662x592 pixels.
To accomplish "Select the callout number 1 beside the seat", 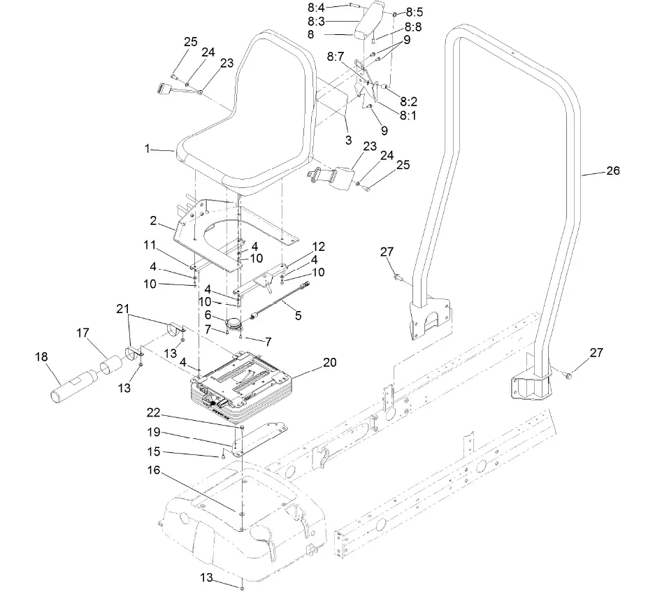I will [147, 148].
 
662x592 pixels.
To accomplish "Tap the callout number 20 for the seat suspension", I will [329, 363].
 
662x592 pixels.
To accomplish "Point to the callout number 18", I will [43, 356].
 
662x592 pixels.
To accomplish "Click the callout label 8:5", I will [414, 13].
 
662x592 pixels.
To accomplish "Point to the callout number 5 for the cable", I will [298, 315].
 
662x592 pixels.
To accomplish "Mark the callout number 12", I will [318, 246].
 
